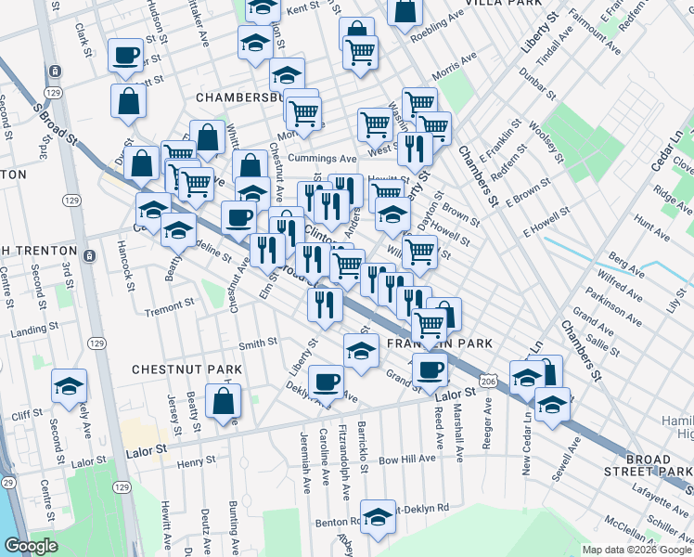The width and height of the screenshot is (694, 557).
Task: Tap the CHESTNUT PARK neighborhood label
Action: (x=186, y=369)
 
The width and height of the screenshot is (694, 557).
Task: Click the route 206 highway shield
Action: (x=487, y=382)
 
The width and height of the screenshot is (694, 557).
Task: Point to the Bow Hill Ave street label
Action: (x=406, y=459)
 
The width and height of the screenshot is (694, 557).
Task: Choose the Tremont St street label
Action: (x=168, y=303)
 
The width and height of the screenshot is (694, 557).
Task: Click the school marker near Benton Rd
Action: (x=378, y=518)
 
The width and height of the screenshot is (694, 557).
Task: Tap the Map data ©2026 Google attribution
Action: (x=636, y=550)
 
